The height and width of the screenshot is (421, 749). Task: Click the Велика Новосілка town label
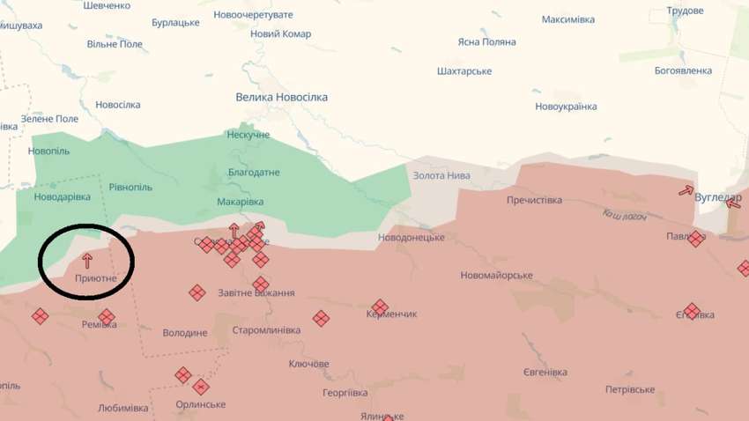point(281,97)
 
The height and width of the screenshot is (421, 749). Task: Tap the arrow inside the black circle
point(86,260)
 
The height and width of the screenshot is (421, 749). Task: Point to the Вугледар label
point(717,197)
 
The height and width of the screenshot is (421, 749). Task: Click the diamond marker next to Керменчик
point(380,307)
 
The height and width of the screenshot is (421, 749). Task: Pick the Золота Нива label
point(441,175)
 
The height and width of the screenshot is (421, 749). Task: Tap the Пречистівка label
point(534,200)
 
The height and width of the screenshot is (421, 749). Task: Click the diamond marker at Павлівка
point(696,239)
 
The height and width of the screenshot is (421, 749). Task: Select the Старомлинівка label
point(266,330)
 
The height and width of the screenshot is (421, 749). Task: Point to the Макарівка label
point(240,202)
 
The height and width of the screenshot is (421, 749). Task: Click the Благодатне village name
point(254,173)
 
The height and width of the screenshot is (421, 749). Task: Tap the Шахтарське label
point(464,71)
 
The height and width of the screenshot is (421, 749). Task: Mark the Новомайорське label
point(496,276)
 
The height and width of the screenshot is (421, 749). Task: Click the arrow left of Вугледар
point(686,190)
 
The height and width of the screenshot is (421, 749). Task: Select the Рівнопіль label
point(130,187)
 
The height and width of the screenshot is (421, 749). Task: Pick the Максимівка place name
point(568,19)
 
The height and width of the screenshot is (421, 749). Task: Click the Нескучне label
point(248,135)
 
